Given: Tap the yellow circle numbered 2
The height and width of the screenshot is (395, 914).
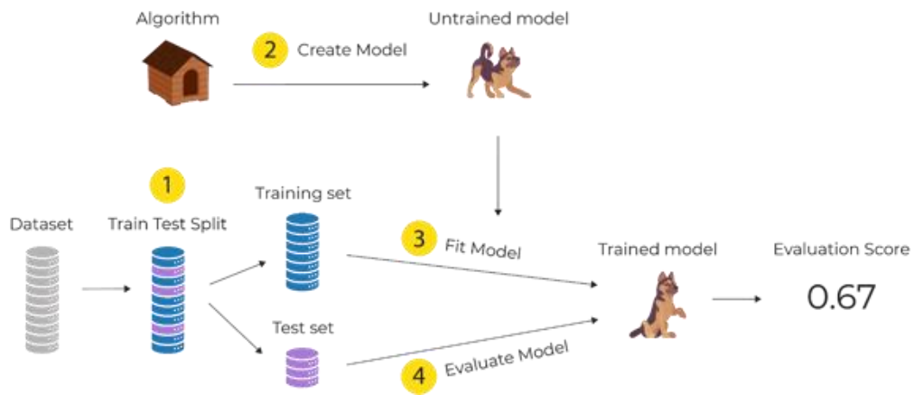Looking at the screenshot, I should point(268,49).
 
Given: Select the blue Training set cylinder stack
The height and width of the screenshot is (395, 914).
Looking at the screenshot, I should point(302,250).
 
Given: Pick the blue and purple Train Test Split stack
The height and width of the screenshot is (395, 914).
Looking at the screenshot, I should point(167,298).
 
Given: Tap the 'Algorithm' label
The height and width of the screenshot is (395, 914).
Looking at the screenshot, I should point(177,18).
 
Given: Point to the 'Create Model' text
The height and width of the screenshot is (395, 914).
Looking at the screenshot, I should point(352,50).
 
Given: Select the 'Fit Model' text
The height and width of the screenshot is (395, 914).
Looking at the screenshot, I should point(482,247).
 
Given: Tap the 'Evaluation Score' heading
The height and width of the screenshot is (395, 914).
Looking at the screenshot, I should point(840,249).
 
